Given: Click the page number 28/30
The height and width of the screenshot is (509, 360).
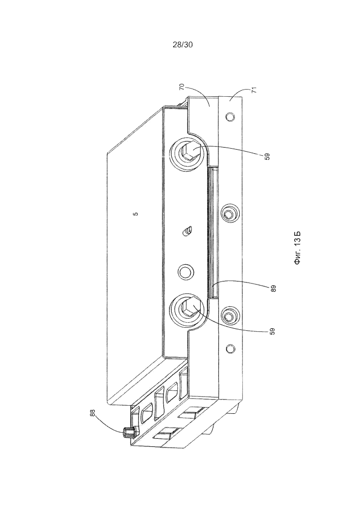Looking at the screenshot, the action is [x=182, y=45].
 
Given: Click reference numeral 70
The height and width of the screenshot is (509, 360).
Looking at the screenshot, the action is [x=182, y=87].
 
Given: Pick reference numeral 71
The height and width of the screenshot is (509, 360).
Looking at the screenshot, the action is [x=254, y=90].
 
